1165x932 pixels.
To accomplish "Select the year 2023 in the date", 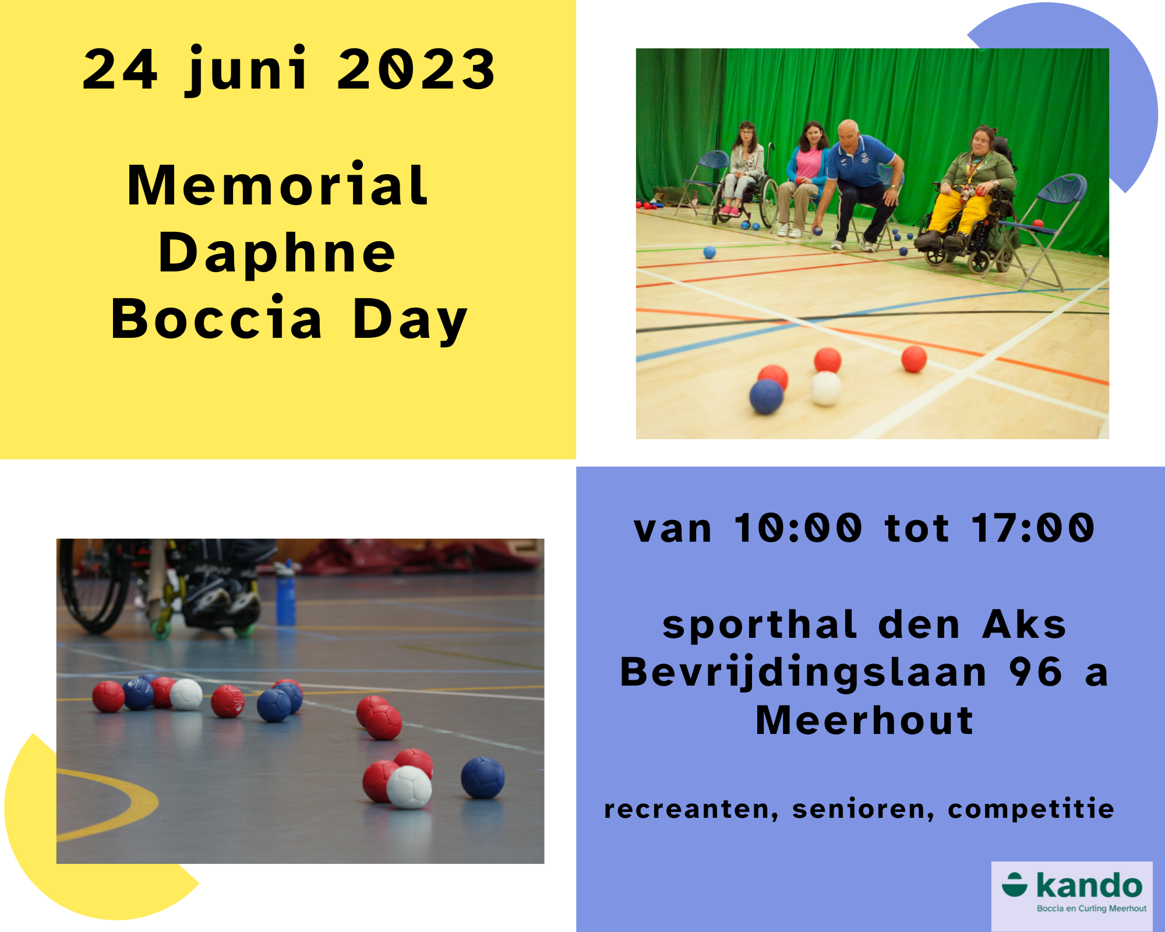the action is point(416,69).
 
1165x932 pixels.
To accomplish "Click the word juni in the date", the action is point(246,69).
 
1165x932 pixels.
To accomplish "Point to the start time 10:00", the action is point(797,528).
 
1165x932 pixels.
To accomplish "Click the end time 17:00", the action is point(1033,528).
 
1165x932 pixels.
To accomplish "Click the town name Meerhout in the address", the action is point(864,721).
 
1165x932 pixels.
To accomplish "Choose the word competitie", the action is point(1031,809).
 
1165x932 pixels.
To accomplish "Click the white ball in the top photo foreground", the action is point(826,389).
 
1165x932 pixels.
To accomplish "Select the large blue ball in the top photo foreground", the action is point(766,397).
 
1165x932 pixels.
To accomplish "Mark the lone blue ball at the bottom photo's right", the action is point(483,778).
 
